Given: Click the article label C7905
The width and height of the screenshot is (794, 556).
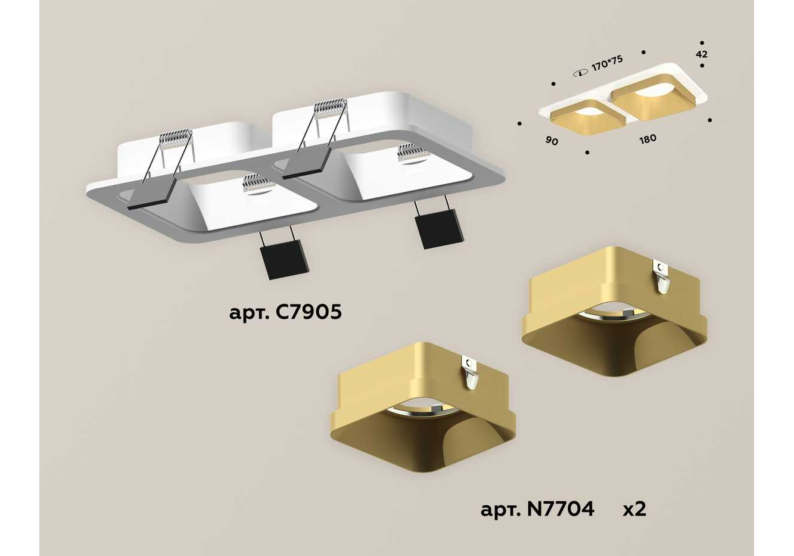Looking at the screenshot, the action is point(285,312).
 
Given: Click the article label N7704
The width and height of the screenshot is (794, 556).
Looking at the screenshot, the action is point(537,509).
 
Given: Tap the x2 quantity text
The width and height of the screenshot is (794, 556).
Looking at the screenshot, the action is point(634,510).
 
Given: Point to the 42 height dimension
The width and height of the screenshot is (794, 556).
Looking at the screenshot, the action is point(702,54).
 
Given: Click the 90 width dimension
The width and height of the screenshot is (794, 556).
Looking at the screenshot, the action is point(552,141).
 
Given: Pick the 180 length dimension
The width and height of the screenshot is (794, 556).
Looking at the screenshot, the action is point(647,139).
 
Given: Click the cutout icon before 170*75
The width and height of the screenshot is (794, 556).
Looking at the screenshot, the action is point(581,73).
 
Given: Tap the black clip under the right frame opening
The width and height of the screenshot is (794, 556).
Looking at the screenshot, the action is point(439,228).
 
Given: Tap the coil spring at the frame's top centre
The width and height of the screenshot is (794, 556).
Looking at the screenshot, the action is point(331,106).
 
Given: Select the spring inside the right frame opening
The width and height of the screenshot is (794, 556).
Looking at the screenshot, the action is point(412,152).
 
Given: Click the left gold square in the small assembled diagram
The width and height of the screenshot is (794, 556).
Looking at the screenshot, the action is point(588,117).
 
